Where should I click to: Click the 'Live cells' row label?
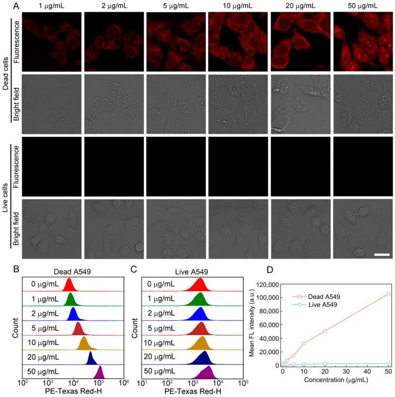tap(6, 196)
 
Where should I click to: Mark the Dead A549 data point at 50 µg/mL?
tap(388, 294)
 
